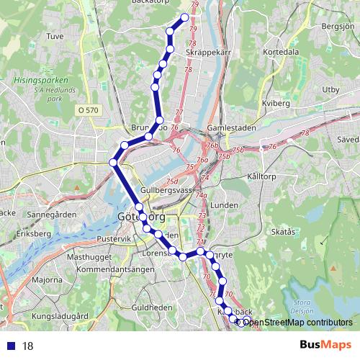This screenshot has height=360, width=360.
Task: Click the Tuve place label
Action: click(x=55, y=35)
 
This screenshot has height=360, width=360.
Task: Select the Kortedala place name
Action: click(x=281, y=53)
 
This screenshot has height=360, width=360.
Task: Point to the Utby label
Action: click(x=330, y=89)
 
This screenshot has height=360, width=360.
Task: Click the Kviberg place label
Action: click(x=276, y=104)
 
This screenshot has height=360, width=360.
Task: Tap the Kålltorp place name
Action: click(x=261, y=176)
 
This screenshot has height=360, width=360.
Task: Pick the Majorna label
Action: click(x=48, y=279)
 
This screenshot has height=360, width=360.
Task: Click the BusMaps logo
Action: click(x=326, y=345)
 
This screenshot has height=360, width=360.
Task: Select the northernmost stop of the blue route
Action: click(x=185, y=17)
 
